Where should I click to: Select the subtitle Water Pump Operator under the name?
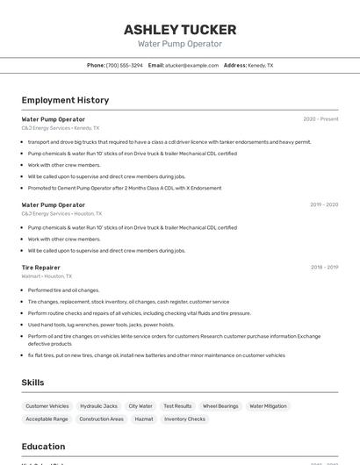(179, 44)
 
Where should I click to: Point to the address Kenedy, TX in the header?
(260, 66)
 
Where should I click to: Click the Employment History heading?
(65, 100)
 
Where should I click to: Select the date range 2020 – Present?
(320, 119)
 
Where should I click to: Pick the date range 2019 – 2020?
(324, 205)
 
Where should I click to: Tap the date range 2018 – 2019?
(324, 268)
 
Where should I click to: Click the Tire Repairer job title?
(41, 268)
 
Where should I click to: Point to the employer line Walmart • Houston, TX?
(47, 276)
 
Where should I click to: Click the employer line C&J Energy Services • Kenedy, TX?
(61, 128)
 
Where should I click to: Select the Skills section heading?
(32, 383)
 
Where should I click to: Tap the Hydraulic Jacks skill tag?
(98, 406)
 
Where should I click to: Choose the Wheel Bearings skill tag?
(220, 406)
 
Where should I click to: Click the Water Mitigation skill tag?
(268, 406)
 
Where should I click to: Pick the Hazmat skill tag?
(143, 419)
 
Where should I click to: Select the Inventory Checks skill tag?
(184, 419)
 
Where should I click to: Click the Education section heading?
(43, 446)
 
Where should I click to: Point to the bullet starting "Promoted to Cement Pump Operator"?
(124, 188)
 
